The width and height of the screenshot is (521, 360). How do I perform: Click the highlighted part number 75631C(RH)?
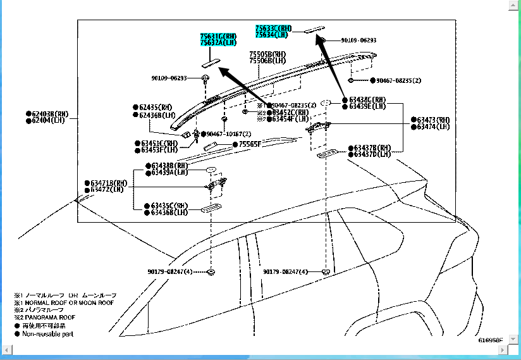219,37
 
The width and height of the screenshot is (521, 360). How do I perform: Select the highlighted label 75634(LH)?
274,35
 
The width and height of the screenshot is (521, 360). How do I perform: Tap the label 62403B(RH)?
50,114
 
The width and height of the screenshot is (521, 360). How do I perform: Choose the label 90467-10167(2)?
228,134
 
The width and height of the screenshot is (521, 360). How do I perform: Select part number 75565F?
250,144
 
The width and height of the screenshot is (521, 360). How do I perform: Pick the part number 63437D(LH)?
371,154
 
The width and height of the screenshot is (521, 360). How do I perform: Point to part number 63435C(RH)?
169,206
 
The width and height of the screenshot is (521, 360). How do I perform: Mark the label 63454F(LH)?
291,119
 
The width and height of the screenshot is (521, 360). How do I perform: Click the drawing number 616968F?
490,340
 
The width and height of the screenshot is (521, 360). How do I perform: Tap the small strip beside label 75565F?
212,146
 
